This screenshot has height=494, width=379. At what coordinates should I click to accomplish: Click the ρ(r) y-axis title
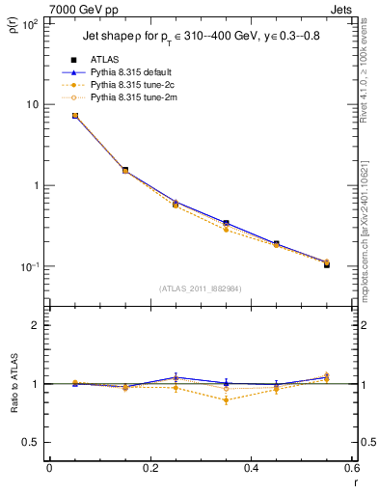[13, 23]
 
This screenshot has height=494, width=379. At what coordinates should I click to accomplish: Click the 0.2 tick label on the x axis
[149, 469]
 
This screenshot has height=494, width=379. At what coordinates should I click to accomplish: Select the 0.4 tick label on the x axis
[251, 469]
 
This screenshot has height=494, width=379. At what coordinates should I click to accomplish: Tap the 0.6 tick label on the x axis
[351, 469]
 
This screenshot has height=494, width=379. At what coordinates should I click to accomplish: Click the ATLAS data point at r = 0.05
[74, 116]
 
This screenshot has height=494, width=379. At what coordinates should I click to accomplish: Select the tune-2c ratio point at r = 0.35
[226, 399]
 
